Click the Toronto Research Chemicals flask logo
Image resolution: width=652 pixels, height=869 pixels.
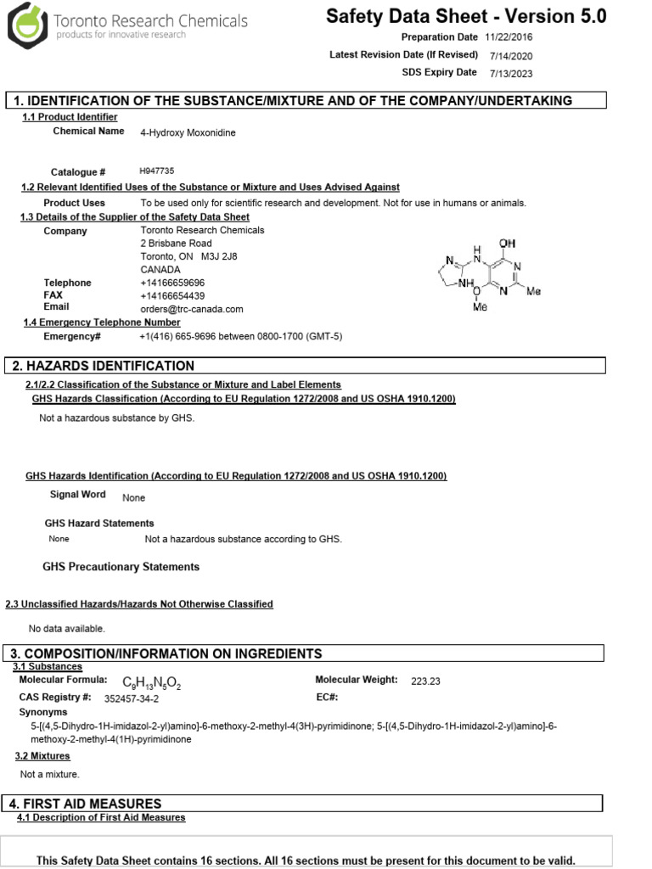click(28, 26)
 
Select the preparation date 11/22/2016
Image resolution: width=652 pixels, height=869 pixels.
click(509, 37)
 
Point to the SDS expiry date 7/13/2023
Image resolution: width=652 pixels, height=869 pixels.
click(511, 73)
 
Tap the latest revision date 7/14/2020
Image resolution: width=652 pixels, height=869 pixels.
click(510, 55)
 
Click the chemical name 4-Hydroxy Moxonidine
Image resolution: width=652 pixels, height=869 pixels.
click(188, 132)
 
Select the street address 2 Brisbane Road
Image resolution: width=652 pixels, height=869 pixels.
click(176, 243)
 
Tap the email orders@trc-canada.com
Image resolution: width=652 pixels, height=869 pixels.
click(191, 309)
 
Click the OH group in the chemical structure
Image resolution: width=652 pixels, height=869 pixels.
click(507, 244)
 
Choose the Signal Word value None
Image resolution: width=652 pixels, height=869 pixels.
click(133, 498)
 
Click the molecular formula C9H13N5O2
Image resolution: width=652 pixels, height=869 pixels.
click(152, 682)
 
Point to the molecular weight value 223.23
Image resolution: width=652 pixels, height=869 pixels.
click(425, 681)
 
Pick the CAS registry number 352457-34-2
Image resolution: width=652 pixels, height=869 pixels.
click(131, 699)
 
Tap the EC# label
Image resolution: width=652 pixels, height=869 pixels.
click(326, 698)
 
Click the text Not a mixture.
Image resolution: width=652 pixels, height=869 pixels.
click(49, 774)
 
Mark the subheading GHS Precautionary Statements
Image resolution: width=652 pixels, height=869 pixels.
click(121, 566)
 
